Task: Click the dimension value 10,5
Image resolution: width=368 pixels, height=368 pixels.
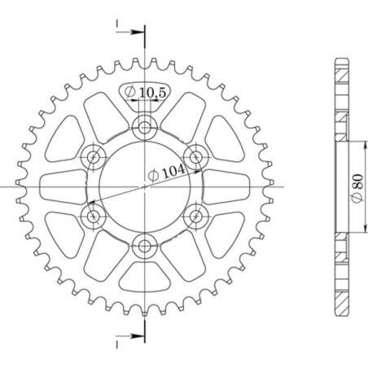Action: pyautogui.click(x=153, y=94)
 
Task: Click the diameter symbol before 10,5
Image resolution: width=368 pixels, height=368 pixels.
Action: pyautogui.click(x=131, y=94)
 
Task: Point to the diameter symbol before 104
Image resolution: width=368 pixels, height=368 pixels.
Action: pyautogui.click(x=153, y=174)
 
